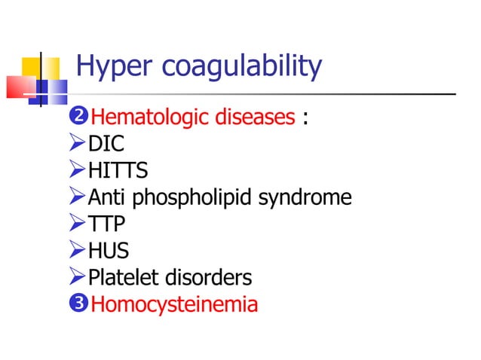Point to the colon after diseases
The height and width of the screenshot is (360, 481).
[305, 119]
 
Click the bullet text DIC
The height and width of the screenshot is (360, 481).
[106, 144]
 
